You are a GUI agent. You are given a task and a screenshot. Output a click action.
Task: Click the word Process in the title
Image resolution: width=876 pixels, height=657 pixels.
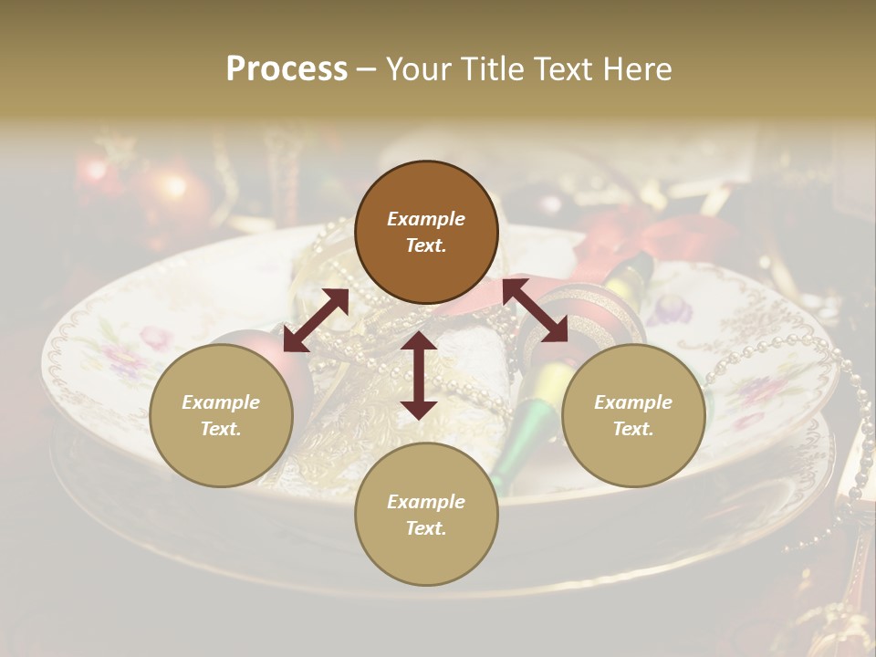(x=287, y=69)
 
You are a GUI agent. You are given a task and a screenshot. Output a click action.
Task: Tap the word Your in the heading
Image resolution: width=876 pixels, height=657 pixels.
(x=416, y=69)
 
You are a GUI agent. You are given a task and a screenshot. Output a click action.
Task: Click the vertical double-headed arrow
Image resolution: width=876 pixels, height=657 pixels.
(x=419, y=375)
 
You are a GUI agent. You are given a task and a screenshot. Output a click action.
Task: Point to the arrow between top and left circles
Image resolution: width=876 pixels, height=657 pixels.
(x=316, y=320)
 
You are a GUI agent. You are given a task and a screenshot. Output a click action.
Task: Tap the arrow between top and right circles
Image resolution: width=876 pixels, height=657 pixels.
(x=535, y=311)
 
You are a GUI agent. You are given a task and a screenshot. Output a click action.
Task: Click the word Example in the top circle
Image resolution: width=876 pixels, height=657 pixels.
(x=426, y=219)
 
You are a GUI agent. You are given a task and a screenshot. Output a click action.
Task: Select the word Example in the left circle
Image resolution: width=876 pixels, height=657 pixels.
(x=221, y=402)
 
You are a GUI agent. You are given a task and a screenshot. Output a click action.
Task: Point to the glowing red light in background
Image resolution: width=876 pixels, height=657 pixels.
(x=172, y=188)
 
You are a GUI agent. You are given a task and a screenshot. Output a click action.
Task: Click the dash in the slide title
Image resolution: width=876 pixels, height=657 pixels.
(x=366, y=70)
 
